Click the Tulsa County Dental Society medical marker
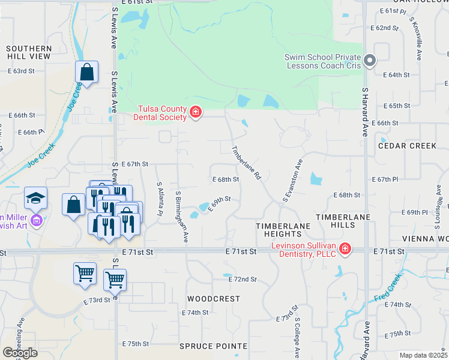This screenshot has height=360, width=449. [195, 112]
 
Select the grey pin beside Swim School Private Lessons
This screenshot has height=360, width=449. [370, 61]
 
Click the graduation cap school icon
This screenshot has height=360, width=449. [35, 197]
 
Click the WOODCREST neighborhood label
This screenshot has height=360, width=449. [213, 298]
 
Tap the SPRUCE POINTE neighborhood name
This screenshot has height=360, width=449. [213, 346]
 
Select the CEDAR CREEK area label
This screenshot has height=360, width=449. [408, 146]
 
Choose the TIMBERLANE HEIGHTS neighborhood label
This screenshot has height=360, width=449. [283, 230]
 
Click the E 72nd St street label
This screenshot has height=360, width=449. [243, 280]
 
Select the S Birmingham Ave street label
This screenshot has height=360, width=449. [182, 217]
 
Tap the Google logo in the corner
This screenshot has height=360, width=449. [20, 353]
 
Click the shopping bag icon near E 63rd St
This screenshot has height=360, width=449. [86, 72]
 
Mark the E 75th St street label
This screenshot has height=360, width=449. [134, 344]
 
